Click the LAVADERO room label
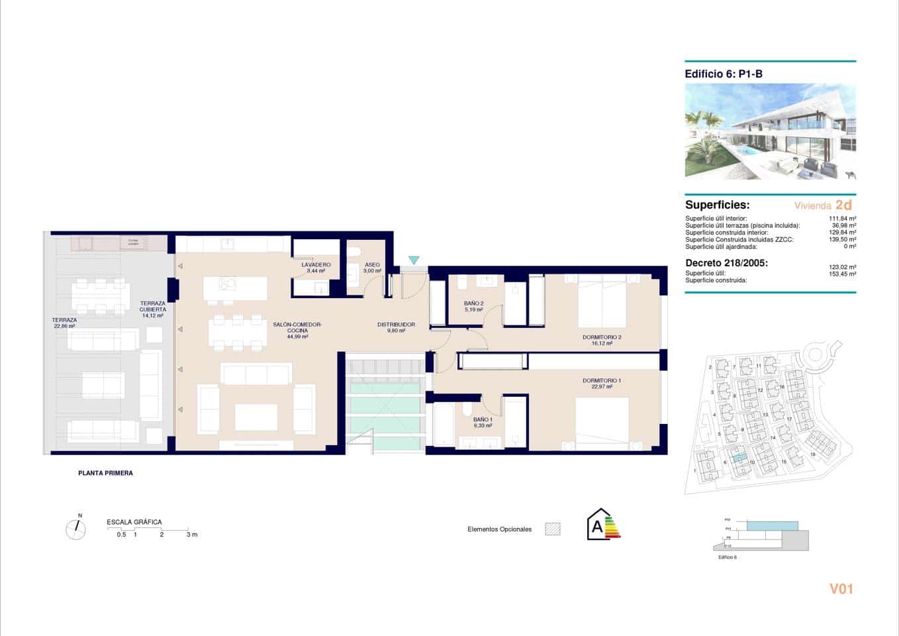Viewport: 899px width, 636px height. [x=316, y=264]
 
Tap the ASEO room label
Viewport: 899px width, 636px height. [x=372, y=264]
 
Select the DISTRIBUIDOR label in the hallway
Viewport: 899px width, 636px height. [x=396, y=325]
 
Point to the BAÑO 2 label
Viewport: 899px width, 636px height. [x=473, y=303]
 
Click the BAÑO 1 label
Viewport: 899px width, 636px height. [x=483, y=419]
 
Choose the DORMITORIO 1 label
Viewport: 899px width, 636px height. [x=602, y=381]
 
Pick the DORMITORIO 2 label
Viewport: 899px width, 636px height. [x=602, y=337]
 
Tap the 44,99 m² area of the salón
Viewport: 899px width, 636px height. [x=297, y=337]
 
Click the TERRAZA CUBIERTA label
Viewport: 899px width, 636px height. [x=153, y=306]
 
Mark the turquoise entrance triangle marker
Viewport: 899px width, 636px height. [x=414, y=260]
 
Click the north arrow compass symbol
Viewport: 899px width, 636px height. [x=76, y=529]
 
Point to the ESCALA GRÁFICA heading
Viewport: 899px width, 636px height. [x=134, y=522]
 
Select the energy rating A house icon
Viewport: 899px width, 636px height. [x=600, y=525]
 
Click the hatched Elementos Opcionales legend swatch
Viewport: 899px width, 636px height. [x=552, y=529]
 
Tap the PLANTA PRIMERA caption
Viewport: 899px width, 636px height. [x=105, y=473]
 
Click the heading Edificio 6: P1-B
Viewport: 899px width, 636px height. [x=724, y=74]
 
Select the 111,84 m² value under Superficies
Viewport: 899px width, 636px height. [x=842, y=218]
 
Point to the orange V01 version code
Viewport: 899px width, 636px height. [x=841, y=588]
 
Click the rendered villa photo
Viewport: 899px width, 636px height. [x=770, y=131]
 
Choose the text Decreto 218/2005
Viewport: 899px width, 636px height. [x=726, y=263]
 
